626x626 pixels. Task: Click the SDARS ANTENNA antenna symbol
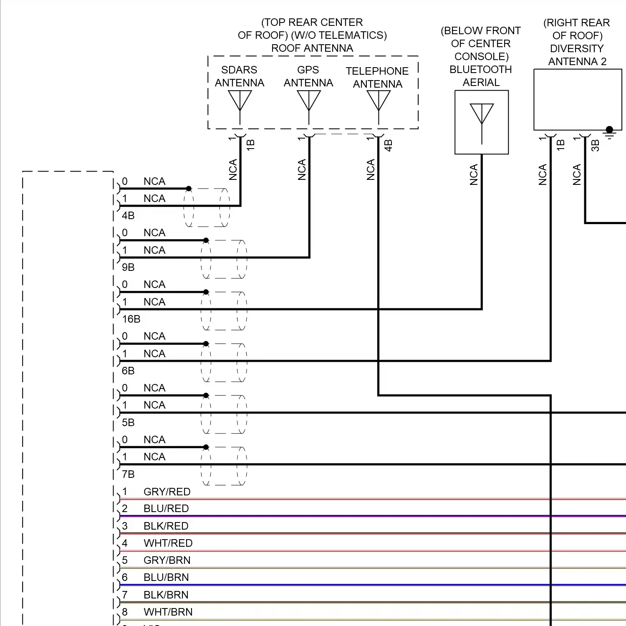click(240, 102)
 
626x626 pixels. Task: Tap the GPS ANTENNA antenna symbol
click(309, 102)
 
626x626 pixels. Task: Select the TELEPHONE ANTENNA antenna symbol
click(379, 102)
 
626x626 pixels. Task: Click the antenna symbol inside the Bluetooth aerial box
click(482, 117)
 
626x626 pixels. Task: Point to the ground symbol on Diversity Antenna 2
click(610, 133)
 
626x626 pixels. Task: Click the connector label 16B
click(131, 319)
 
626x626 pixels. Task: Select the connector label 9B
click(128, 268)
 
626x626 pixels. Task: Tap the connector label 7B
click(128, 475)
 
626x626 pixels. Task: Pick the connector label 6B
click(128, 371)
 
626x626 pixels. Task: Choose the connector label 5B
click(128, 423)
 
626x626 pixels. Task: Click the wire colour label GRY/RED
click(167, 492)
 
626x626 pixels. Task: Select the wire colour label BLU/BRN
click(166, 578)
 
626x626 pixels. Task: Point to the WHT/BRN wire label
click(168, 612)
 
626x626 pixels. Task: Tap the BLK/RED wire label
click(166, 526)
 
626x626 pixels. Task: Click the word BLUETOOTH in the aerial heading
click(481, 69)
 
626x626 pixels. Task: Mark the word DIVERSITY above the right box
click(577, 48)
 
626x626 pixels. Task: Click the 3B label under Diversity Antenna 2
click(596, 145)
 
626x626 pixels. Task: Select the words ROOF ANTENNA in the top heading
click(312, 48)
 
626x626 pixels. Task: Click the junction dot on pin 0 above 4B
click(189, 189)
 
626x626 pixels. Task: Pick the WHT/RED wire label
click(168, 543)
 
